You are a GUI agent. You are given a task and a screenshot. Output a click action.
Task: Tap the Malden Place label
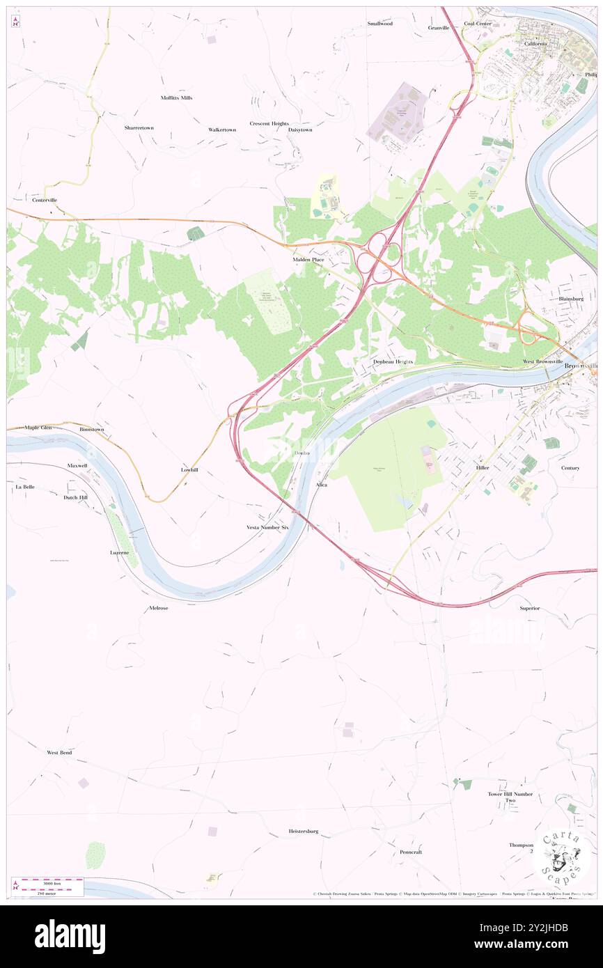pos(308,260)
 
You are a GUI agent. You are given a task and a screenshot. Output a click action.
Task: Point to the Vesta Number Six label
pos(267,527)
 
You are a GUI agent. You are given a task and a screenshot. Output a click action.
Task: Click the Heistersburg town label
pos(304,831)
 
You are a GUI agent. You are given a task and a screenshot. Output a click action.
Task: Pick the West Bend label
pos(59,753)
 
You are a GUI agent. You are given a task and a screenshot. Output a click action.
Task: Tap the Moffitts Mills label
pos(176,97)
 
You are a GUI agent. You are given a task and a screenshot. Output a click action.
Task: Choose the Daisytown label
pos(300,130)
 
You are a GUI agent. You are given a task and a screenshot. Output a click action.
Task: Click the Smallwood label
pos(380,23)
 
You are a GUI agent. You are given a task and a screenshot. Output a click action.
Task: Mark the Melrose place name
pos(159,607)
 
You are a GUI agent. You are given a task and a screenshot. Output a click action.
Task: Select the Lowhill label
pos(189,470)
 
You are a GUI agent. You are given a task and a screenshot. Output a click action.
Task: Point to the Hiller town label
pos(483,468)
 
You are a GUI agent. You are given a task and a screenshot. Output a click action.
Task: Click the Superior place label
pos(530,608)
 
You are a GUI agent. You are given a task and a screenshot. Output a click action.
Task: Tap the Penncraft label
pos(411,852)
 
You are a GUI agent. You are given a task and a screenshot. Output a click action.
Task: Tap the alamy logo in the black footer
pos(70,936)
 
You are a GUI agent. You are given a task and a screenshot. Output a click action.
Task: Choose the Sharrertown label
pos(139,128)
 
